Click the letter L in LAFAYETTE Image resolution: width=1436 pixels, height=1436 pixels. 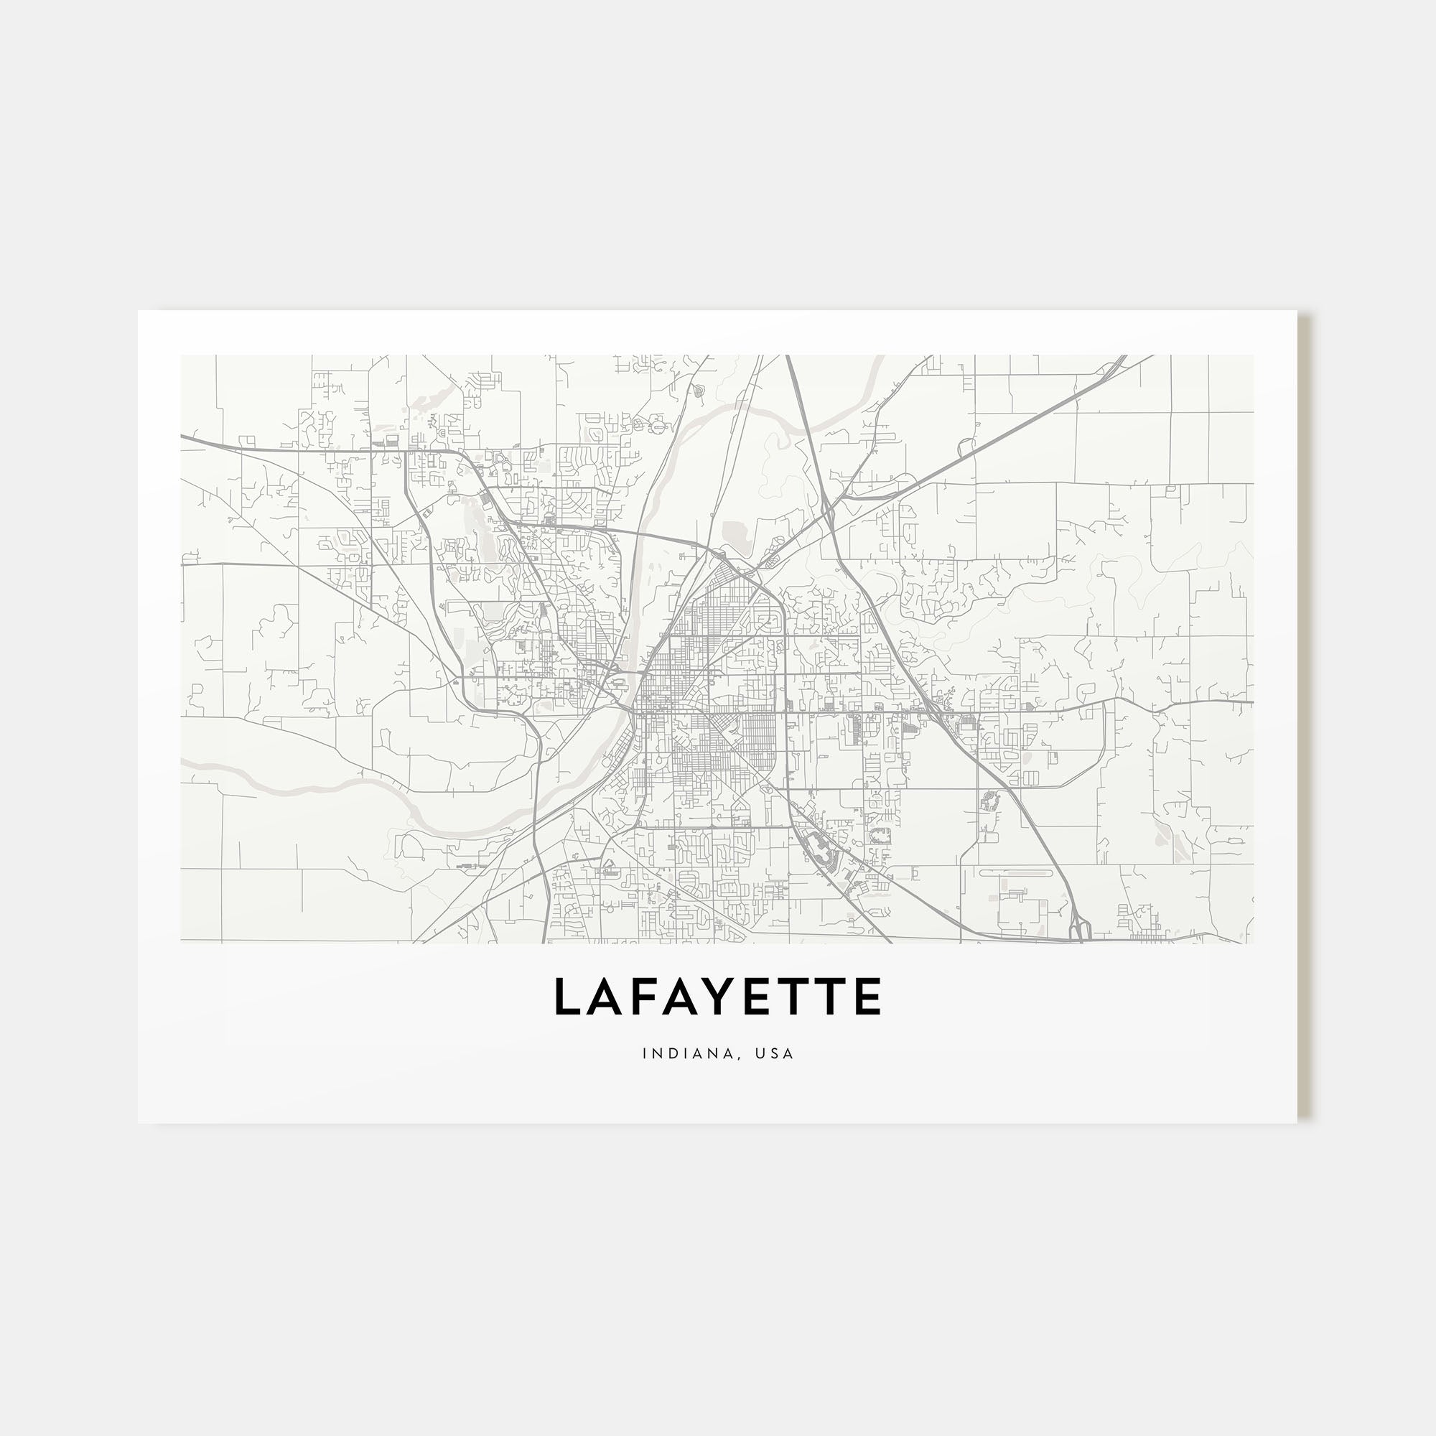[x=569, y=997]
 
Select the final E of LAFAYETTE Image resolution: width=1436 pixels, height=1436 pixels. [x=867, y=997]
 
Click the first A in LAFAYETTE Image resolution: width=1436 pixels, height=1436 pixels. [x=609, y=997]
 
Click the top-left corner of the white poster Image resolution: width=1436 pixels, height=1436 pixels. [x=139, y=311]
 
